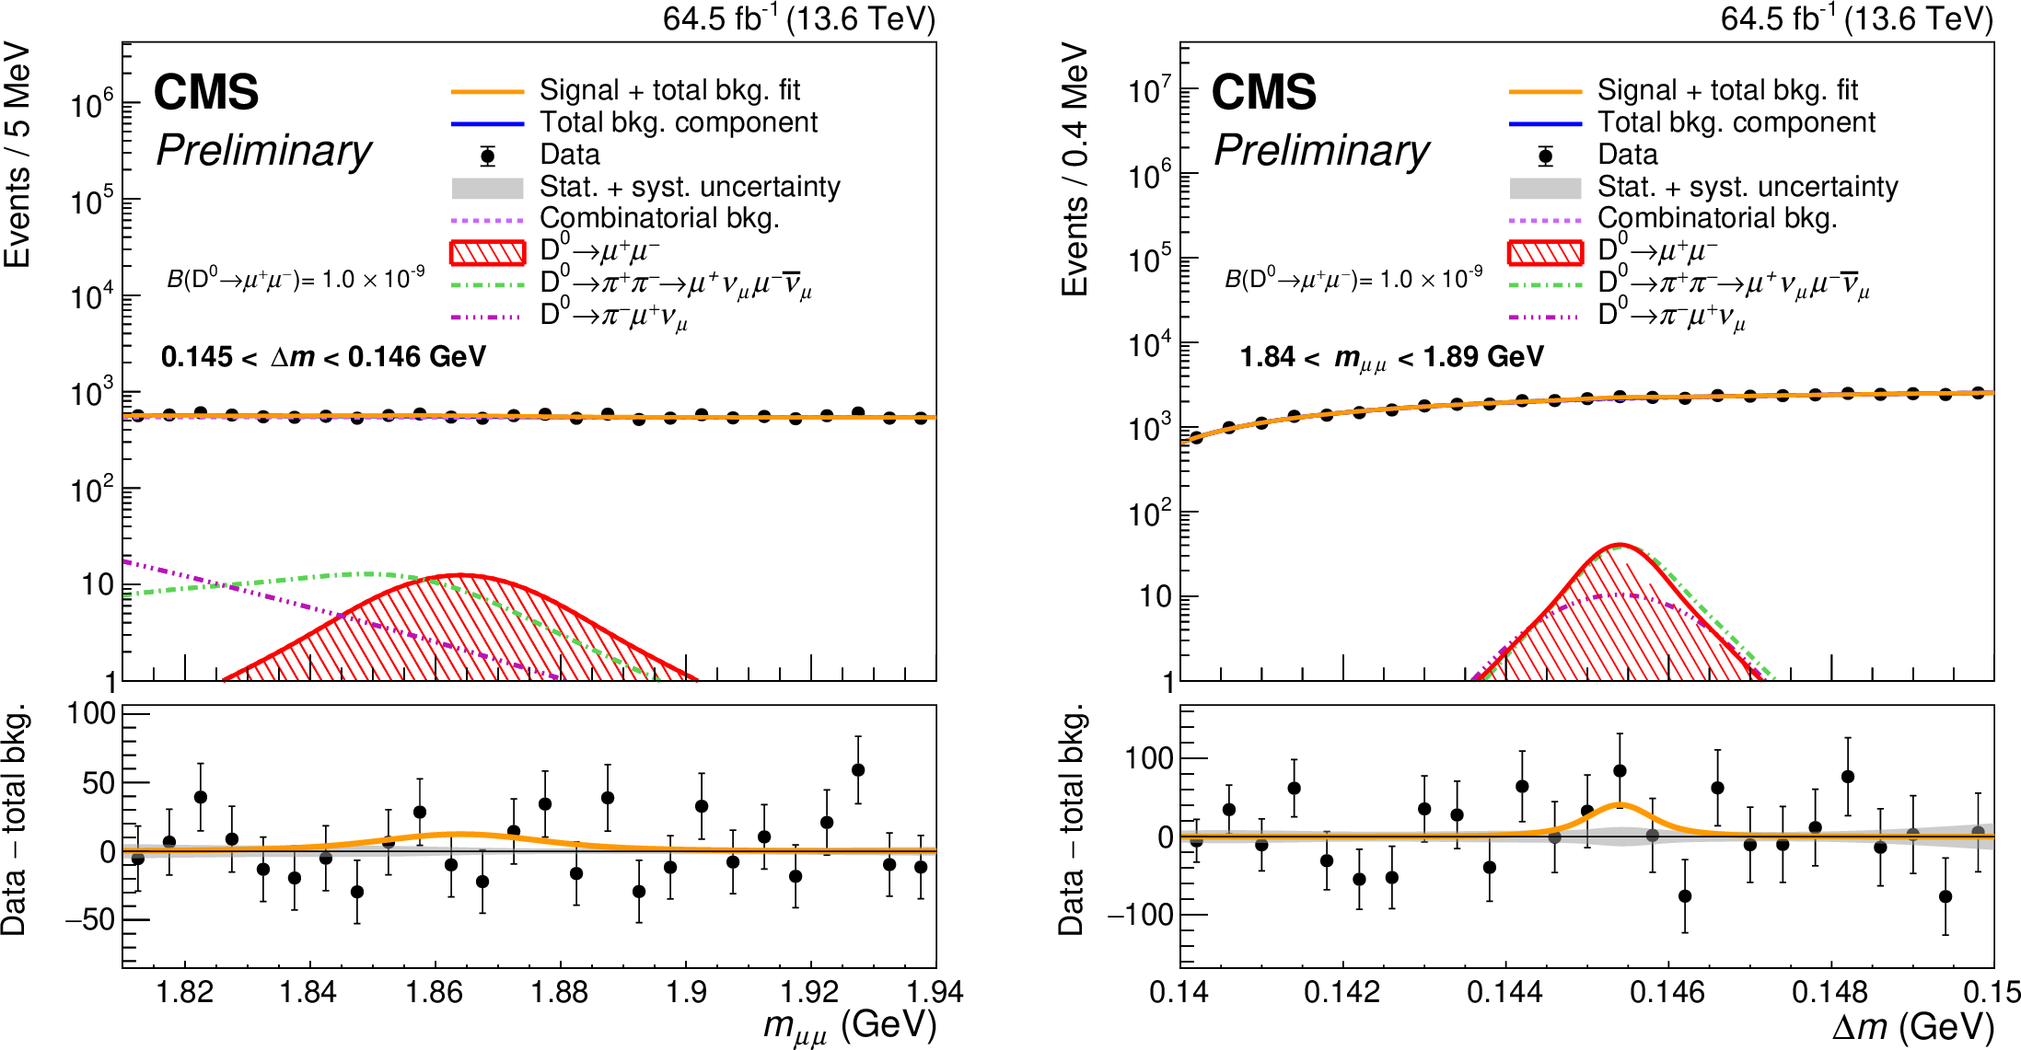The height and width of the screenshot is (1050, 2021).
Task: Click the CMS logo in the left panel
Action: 206,93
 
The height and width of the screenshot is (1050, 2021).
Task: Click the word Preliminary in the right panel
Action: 1321,150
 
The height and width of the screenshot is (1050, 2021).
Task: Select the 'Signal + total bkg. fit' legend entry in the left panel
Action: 669,90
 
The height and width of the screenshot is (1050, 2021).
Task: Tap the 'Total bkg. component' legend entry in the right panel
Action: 1736,122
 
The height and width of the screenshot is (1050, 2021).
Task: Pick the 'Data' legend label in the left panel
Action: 569,155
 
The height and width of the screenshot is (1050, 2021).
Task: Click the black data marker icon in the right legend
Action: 1546,156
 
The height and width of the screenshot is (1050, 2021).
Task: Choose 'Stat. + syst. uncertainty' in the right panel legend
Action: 1747,187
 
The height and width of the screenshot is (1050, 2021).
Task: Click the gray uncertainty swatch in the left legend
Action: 487,188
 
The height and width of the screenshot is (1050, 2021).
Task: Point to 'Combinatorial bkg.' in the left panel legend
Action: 659,218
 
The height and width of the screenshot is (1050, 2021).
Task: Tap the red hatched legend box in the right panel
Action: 1545,251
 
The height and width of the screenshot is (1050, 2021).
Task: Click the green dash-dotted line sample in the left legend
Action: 487,284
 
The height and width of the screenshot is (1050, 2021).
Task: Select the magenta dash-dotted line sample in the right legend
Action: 1545,317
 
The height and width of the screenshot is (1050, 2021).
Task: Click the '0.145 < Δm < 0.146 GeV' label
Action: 323,357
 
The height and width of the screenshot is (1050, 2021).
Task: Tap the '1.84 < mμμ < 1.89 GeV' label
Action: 1391,357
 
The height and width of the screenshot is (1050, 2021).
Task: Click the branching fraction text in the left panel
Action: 296,278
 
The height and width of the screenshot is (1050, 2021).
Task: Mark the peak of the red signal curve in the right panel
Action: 1620,545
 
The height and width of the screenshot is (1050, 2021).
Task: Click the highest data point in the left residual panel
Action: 858,770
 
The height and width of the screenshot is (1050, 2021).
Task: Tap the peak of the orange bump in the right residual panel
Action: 1620,805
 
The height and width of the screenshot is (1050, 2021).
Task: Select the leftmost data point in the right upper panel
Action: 1196,438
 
